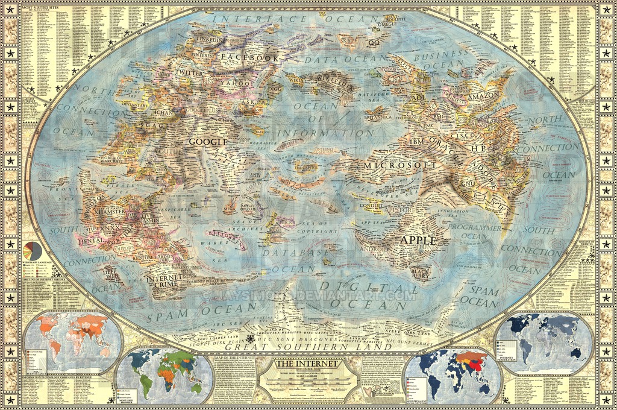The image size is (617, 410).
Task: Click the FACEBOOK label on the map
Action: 250,58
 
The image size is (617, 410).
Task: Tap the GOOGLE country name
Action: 208,142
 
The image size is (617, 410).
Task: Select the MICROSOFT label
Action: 399,165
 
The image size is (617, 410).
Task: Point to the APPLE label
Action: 418,239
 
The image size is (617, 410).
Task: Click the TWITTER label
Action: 189,73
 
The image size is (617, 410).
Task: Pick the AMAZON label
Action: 482,95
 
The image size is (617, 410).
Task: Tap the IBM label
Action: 417,141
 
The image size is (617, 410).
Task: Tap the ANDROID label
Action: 374,248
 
